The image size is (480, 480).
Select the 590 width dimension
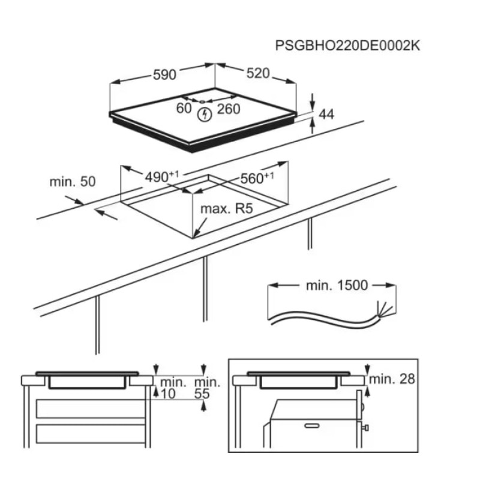164,74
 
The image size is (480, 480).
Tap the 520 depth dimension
257,74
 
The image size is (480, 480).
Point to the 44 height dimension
326,115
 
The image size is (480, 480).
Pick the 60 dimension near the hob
184,109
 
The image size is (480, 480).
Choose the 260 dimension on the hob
228,109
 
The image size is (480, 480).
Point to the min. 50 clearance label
73,181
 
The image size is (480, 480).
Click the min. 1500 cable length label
336,286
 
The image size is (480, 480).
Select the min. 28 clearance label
392,379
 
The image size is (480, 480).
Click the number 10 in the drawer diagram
169,394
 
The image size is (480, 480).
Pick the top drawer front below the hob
91,409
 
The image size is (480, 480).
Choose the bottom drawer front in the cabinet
91,433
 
